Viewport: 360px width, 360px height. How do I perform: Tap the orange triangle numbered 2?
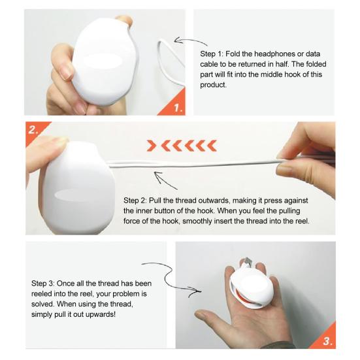pos(35,130)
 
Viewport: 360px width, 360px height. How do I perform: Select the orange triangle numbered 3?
pos(327,338)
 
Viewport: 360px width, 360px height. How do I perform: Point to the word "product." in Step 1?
pos(213,85)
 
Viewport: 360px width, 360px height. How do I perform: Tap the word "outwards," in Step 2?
pos(214,201)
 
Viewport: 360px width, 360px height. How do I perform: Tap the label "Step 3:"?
pos(43,284)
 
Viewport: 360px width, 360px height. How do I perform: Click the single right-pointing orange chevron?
pos(151,146)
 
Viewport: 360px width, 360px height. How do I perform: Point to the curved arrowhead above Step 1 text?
pos(177,41)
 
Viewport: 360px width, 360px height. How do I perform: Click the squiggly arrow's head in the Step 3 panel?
pos(195,291)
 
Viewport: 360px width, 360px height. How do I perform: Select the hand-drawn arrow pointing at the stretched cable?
pos(165,180)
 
